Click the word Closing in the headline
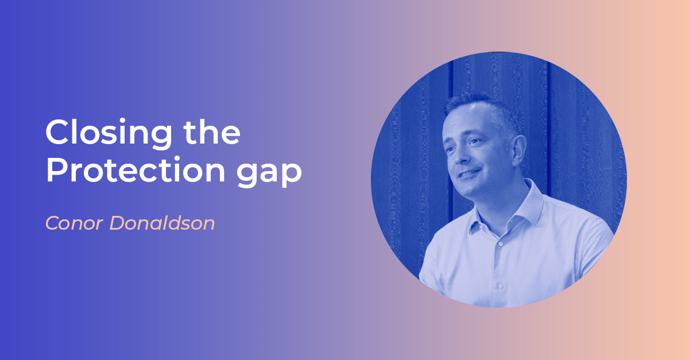tap(109, 134)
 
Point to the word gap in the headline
tap(269, 175)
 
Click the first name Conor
tap(74, 223)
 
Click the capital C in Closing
tap(57, 131)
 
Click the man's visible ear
tap(518, 150)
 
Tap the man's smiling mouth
tap(469, 173)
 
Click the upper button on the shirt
tap(501, 243)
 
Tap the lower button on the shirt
tap(500, 285)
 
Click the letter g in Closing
tap(161, 137)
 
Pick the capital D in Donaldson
tap(118, 223)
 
